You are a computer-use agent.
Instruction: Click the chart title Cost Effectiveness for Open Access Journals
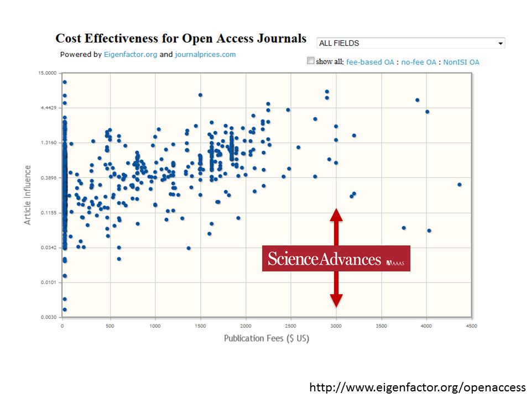point(180,39)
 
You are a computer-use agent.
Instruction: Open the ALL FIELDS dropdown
point(410,43)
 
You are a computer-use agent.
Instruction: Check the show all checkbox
point(311,61)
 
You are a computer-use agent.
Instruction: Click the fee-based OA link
point(370,62)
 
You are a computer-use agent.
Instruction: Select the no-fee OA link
point(419,62)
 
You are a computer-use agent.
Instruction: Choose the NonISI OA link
point(461,62)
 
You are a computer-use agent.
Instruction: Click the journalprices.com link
point(205,54)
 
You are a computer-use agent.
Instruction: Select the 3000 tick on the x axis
point(336,326)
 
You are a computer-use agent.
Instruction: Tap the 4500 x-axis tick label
point(471,326)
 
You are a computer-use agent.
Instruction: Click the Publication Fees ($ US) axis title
point(266,338)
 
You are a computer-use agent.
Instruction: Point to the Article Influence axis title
point(28,195)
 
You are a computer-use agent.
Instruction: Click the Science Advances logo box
point(336,259)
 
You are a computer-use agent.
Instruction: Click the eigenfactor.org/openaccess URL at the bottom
point(417,387)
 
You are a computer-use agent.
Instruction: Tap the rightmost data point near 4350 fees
point(459,185)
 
